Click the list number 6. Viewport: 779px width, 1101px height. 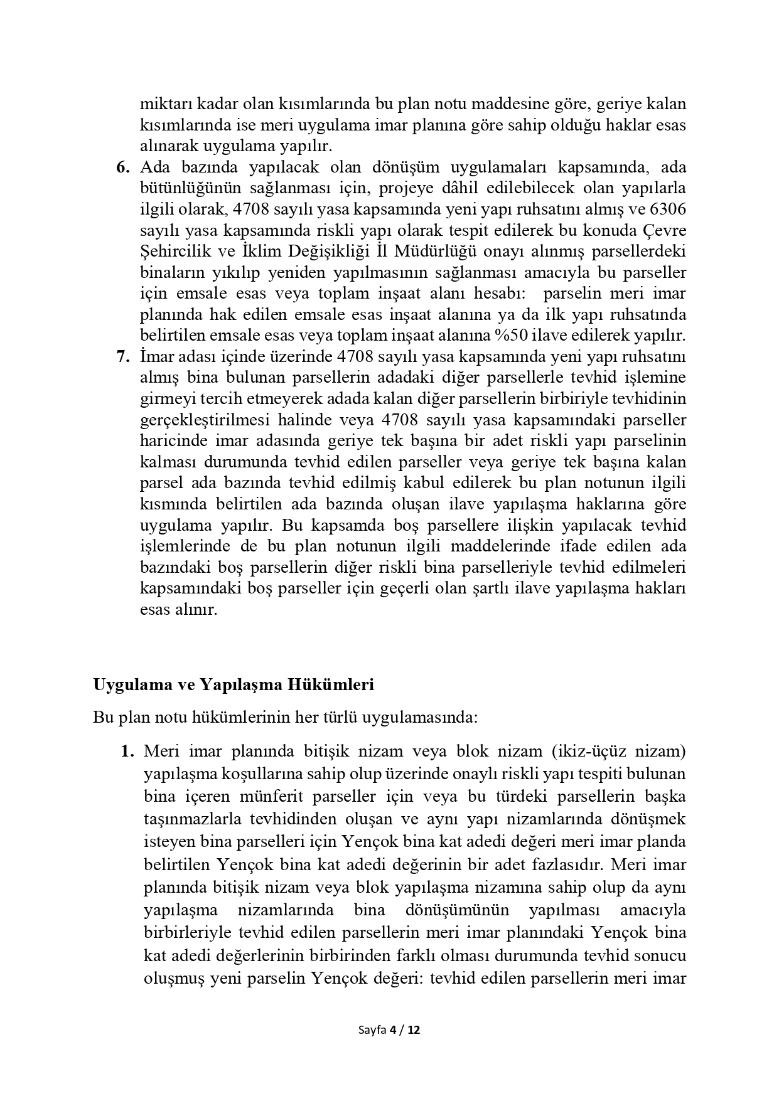pyautogui.click(x=122, y=168)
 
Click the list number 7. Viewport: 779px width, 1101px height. pyautogui.click(x=122, y=357)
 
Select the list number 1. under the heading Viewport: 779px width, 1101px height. pyautogui.click(x=127, y=751)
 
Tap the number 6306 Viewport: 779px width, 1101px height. pyautogui.click(x=667, y=210)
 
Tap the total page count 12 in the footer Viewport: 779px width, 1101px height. pyautogui.click(x=413, y=1030)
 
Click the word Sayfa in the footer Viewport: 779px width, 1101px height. pyautogui.click(x=372, y=1030)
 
